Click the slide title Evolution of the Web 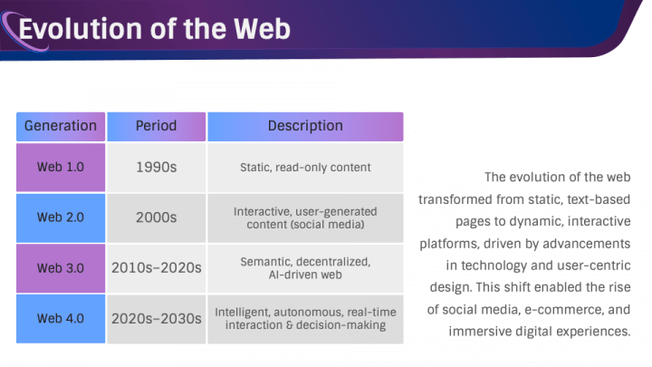click(154, 29)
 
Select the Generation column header click(61, 126)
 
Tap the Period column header click(157, 126)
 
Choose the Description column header click(305, 126)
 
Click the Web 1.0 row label click(61, 168)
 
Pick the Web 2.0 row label click(61, 217)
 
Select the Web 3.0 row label click(61, 268)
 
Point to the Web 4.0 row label click(61, 319)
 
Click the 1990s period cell click(157, 168)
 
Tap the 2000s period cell click(157, 217)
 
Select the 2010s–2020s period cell click(157, 268)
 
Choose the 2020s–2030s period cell click(157, 319)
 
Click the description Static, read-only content click(305, 168)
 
